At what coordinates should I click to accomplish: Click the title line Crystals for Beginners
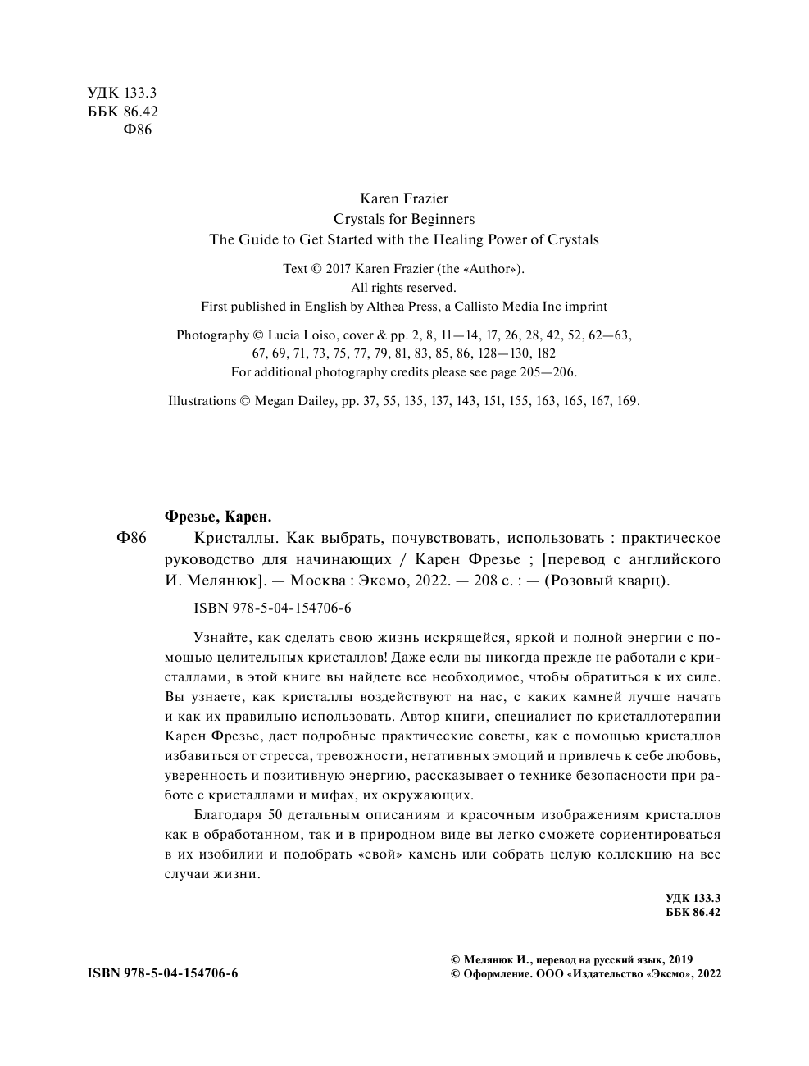tap(404, 219)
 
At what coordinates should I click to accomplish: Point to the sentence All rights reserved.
tap(403, 287)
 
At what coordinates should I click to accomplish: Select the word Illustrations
tap(202, 401)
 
